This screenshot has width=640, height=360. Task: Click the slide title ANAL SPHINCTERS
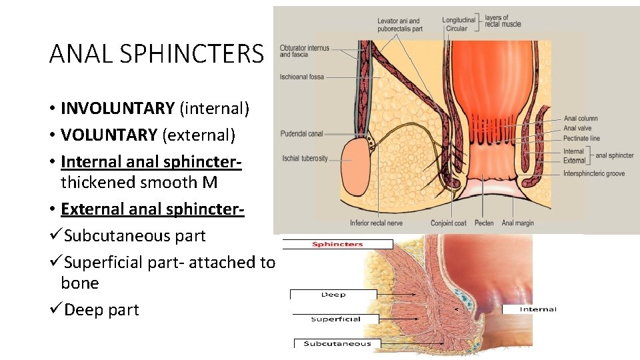tap(157, 53)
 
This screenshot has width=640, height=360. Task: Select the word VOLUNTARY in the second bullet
tap(109, 135)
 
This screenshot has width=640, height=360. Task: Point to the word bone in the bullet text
tap(79, 283)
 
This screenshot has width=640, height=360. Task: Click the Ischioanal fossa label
tap(302, 77)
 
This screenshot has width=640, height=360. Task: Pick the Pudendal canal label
tap(302, 134)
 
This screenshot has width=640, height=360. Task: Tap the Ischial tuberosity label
tap(305, 159)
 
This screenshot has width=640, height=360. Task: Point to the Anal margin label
tap(517, 223)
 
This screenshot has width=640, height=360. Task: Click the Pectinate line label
tap(581, 139)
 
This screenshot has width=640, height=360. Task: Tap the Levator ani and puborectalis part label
tap(399, 25)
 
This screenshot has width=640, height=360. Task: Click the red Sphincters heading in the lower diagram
tap(338, 244)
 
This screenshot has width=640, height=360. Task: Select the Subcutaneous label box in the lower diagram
tap(337, 344)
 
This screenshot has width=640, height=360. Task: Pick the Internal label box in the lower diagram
tap(538, 309)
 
